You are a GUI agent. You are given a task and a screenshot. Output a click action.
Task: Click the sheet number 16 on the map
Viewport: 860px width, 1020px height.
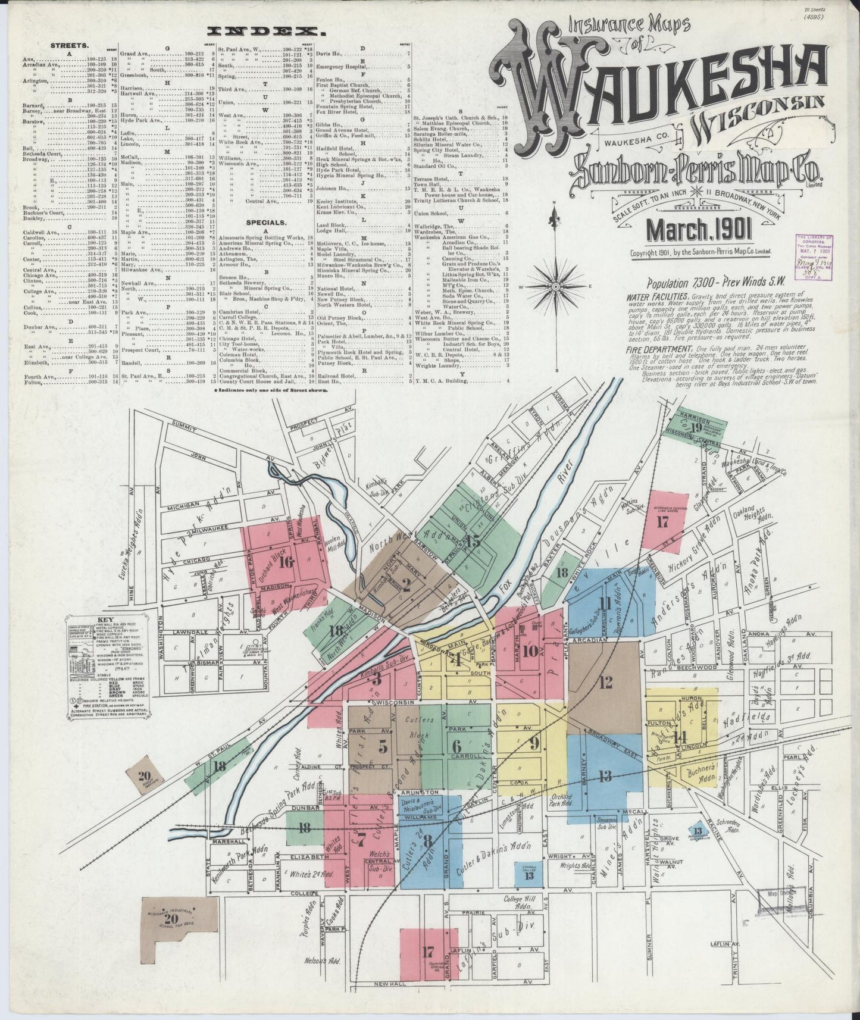286,561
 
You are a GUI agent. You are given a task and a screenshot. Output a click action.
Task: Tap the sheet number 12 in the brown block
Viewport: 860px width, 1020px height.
606,682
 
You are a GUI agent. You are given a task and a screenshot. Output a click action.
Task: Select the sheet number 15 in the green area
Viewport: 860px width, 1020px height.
473,541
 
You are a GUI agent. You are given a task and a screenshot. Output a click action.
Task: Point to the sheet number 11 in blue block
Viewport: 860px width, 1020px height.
606,603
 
